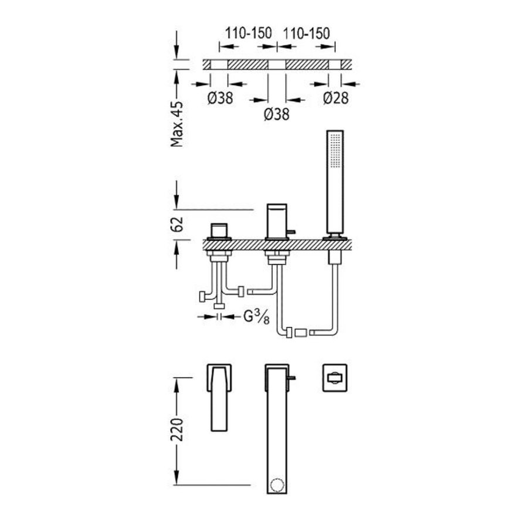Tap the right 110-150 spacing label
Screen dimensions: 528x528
tap(307, 33)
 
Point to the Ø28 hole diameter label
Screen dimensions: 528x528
tap(336, 99)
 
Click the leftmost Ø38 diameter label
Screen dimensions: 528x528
tap(220, 99)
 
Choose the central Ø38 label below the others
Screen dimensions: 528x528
tap(276, 116)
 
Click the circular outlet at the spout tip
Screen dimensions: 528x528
tap(276, 486)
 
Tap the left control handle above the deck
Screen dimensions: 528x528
tap(220, 230)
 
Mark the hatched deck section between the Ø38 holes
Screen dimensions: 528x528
tap(248, 65)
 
